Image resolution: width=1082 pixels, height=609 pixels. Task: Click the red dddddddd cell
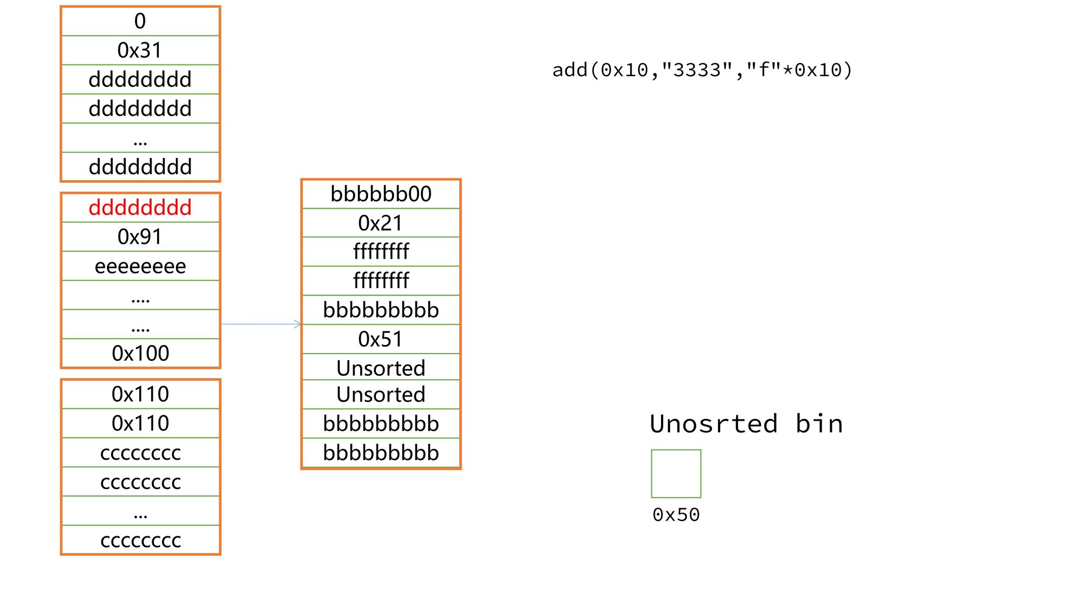[x=140, y=208]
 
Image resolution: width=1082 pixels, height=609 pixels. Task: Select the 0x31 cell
[x=140, y=50]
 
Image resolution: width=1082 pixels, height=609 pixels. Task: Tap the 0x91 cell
[x=140, y=237]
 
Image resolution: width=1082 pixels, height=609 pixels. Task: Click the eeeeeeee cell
[x=140, y=266]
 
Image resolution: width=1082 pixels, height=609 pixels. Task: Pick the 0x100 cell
[x=140, y=354]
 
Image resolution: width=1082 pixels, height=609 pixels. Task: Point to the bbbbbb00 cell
[x=381, y=194]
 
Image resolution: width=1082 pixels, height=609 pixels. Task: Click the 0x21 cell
[x=381, y=223]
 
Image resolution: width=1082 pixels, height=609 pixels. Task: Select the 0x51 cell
[x=381, y=339]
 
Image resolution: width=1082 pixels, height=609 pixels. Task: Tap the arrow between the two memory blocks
[x=261, y=324]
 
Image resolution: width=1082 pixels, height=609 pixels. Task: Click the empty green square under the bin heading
[x=676, y=474]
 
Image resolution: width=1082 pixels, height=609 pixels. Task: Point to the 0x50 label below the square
[x=676, y=515]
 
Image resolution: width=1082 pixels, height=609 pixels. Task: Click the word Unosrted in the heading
[x=713, y=424]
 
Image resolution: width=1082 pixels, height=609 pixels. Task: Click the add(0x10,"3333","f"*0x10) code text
[x=702, y=70]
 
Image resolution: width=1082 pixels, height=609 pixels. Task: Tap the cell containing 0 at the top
[x=140, y=21]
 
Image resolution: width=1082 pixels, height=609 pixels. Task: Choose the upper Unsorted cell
[x=381, y=368]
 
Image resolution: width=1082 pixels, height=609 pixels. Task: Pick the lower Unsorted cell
[x=381, y=395]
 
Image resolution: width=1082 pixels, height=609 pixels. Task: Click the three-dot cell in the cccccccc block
[x=140, y=511]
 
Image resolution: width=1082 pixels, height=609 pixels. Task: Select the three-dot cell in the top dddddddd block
[x=140, y=138]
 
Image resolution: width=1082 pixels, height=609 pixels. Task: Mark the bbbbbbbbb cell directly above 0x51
[x=381, y=310]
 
